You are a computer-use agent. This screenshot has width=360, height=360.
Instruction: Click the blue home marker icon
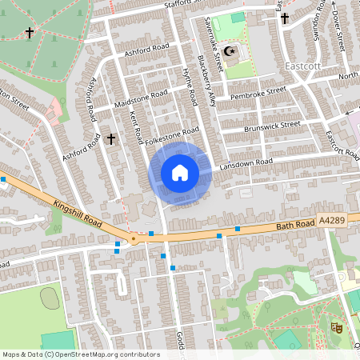[x=180, y=172]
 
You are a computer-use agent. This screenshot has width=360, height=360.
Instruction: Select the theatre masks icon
[x=336, y=326]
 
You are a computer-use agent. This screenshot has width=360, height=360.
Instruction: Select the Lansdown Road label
[x=248, y=162]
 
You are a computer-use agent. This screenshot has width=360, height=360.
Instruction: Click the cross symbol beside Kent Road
[x=111, y=139]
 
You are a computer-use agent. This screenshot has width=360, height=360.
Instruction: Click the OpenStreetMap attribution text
[x=80, y=354]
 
